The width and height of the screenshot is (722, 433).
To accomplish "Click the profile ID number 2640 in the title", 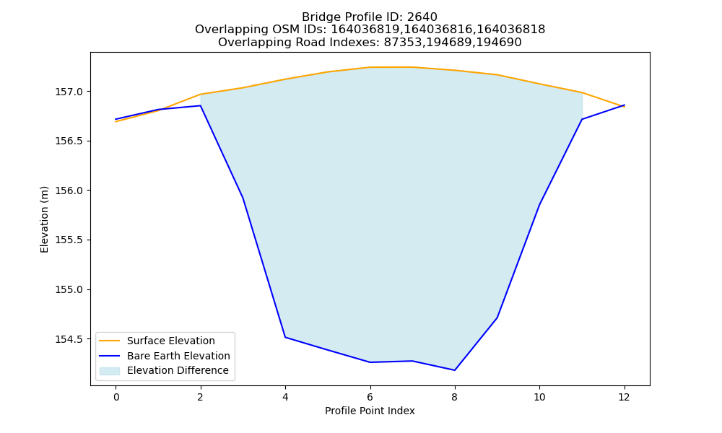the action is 422,17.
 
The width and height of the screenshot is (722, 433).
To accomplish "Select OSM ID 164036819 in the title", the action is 366,30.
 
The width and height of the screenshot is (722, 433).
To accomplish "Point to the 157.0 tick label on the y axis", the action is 69,92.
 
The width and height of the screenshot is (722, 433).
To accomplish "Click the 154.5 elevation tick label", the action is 69,339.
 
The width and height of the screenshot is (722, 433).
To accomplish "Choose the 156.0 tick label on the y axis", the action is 69,191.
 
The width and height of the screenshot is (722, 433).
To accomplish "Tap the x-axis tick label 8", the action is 454,397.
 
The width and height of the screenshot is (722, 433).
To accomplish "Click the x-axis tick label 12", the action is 624,397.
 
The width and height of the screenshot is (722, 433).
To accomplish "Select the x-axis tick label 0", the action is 116,397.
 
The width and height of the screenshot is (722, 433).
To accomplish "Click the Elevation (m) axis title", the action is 44,219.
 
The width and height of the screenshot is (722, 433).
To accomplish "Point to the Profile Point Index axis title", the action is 370,411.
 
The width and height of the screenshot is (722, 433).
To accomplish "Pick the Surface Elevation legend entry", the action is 171,341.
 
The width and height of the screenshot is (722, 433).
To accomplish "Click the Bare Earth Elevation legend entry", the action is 178,356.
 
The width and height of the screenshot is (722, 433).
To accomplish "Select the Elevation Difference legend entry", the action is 178,370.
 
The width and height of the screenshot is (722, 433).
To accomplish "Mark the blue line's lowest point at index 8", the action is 455,370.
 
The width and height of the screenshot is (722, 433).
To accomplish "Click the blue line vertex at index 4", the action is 285,337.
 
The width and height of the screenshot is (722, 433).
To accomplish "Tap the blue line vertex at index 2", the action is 200,106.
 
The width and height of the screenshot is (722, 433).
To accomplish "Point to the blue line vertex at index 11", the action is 582,120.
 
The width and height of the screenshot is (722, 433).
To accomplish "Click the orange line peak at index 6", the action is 370,67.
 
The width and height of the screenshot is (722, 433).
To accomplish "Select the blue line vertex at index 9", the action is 497,318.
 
